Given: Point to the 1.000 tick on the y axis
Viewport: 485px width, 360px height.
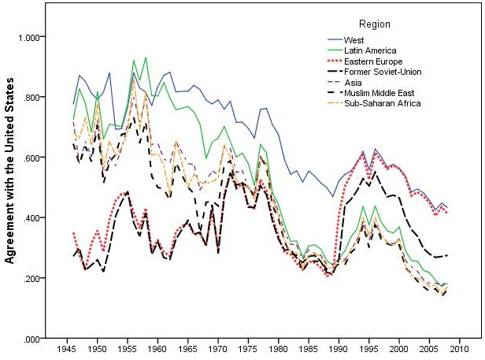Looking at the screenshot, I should tap(33, 37).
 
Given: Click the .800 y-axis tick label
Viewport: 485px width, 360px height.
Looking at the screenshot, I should tap(35, 98).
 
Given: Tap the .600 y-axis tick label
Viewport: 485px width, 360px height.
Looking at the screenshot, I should tap(35, 158).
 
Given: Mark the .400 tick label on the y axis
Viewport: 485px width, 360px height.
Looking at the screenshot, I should tap(35, 218).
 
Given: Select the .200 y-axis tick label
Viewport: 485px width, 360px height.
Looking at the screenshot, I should tap(35, 278).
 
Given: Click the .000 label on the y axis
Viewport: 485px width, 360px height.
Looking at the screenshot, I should tap(35, 339).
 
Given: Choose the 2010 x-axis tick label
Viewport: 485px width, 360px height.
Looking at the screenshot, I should tap(459, 349).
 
